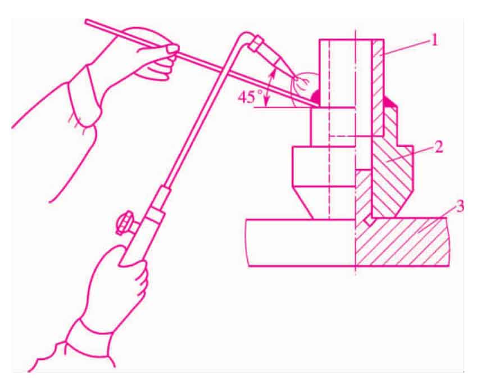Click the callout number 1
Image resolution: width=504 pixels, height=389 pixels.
point(434,41)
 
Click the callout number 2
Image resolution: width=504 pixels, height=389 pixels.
point(438,147)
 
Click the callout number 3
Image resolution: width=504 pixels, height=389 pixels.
point(460,206)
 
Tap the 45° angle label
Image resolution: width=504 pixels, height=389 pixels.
point(250,97)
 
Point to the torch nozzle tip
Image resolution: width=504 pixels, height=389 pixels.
point(295,78)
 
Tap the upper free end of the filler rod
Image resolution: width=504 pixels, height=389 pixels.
point(86,21)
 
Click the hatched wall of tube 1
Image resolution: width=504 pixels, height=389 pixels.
point(378,87)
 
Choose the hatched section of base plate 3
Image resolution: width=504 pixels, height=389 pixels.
point(402,241)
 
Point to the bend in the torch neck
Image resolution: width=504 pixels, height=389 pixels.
point(245,35)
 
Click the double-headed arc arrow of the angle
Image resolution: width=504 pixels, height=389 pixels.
point(270,87)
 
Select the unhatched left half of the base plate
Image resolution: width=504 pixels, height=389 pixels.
point(301,242)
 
